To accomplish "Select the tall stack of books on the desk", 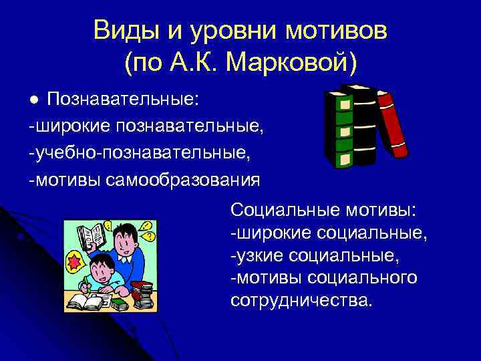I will tap(142, 294).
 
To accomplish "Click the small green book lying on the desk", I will tap(118, 305).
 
